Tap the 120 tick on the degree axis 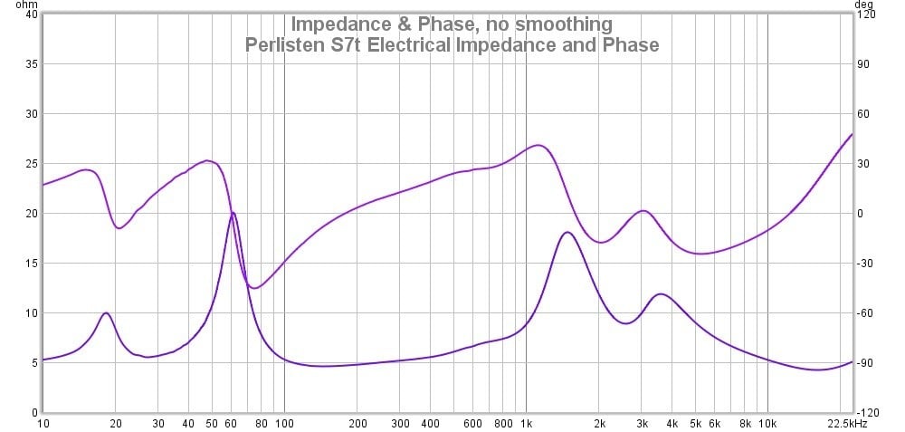pyautogui.click(x=867, y=14)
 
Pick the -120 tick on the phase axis pyautogui.click(x=867, y=413)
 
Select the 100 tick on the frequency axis pyautogui.click(x=284, y=423)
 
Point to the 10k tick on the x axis pyautogui.click(x=767, y=423)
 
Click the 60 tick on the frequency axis pyautogui.click(x=231, y=423)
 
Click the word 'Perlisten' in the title pyautogui.click(x=289, y=43)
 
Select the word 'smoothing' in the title pyautogui.click(x=555, y=24)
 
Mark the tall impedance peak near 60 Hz pyautogui.click(x=233, y=213)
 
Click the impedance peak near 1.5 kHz pyautogui.click(x=567, y=233)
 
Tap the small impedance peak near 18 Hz pyautogui.click(x=106, y=313)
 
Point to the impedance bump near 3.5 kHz pyautogui.click(x=662, y=294)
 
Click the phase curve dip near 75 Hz pyautogui.click(x=254, y=288)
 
